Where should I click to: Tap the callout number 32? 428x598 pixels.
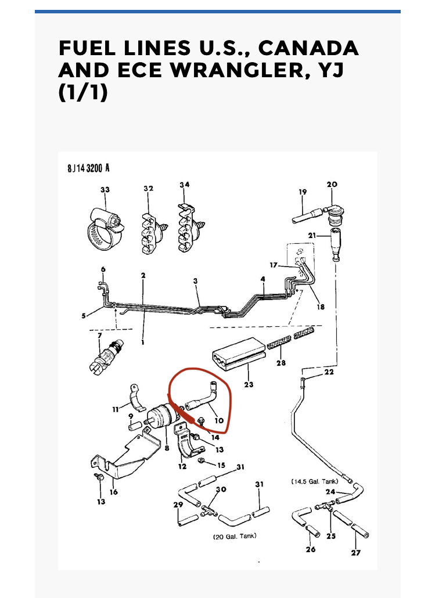148,188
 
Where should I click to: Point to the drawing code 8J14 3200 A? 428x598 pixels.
88,168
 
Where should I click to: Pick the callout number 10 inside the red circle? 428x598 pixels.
218,420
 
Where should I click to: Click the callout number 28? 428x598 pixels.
282,363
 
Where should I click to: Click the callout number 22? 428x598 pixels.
329,372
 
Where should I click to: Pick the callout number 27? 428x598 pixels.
355,553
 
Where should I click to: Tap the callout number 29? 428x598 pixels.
178,505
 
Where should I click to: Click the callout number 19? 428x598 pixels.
302,192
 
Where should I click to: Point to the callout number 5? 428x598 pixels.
85,316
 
